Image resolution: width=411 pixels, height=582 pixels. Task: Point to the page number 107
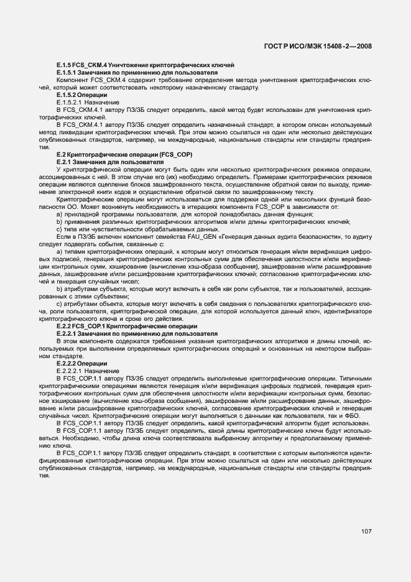click(366, 531)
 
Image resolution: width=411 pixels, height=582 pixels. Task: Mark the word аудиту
click(360, 236)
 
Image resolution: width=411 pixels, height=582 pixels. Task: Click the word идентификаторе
click(349, 311)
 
